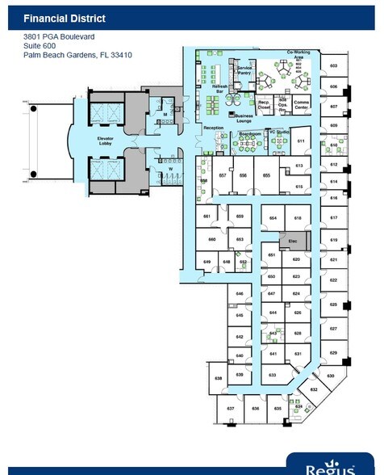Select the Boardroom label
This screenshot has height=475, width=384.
(249, 133)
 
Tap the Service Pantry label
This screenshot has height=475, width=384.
(244, 71)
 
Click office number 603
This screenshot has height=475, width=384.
(333, 66)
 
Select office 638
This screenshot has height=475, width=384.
(218, 377)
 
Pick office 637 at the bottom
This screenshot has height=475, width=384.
(230, 409)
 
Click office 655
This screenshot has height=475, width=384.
(266, 174)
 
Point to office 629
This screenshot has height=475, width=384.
(333, 353)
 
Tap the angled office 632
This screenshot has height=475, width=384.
(314, 389)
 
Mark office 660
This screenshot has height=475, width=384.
(211, 240)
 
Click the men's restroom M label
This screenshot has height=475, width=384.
(165, 116)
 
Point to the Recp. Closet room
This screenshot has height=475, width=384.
(264, 103)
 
